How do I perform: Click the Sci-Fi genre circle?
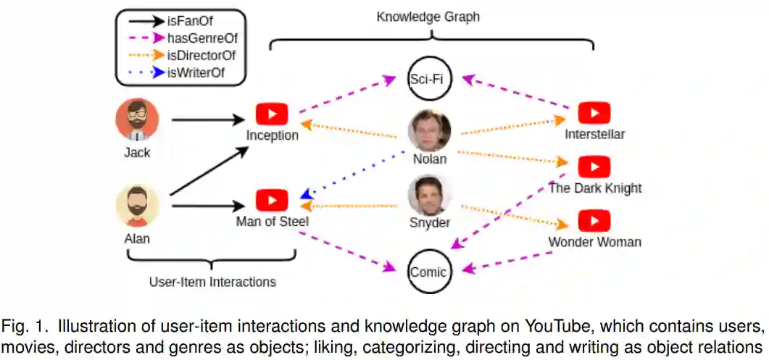coord(429,78)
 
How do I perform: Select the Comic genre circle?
coord(429,272)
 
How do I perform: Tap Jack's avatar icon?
coord(137,120)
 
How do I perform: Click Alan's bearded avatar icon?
coord(137,206)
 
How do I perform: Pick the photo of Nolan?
coord(429,130)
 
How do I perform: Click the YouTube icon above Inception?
coord(272,114)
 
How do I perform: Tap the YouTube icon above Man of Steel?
coord(272,200)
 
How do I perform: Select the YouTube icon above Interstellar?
coord(594,113)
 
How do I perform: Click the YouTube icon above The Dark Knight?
coord(594,167)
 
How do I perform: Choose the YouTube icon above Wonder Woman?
coord(594,220)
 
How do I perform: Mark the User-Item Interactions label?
coord(212,282)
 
